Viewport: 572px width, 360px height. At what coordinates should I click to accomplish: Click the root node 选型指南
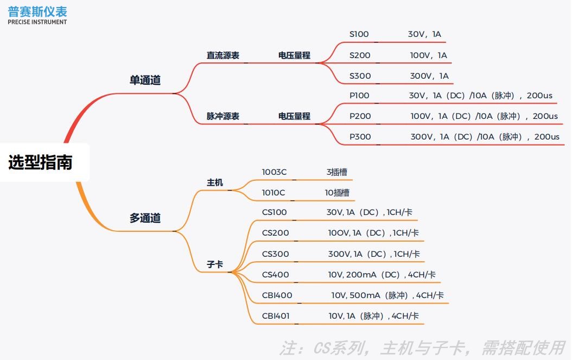[40, 162]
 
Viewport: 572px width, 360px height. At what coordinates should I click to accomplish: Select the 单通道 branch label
[145, 80]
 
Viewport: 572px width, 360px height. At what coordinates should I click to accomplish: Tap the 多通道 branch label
[145, 218]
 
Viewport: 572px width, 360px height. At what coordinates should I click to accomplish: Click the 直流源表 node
[223, 55]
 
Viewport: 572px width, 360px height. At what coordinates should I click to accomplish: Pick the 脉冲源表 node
[223, 116]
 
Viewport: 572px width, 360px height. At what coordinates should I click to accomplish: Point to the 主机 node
[214, 182]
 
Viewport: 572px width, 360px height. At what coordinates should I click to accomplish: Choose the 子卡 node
[214, 265]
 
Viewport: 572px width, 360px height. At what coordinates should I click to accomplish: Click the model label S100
[359, 34]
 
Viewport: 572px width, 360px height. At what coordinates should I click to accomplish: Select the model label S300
[360, 76]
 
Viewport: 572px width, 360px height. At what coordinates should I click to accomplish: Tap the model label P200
[360, 116]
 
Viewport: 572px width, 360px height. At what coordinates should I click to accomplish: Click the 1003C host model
[274, 172]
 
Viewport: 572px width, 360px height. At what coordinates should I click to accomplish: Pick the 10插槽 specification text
[336, 193]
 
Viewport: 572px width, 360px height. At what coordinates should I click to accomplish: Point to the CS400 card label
[275, 275]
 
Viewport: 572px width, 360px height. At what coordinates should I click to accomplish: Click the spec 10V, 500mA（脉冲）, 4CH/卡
[387, 295]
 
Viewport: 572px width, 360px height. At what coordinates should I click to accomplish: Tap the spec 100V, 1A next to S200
[428, 55]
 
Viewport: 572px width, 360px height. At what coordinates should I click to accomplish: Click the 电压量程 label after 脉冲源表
[294, 116]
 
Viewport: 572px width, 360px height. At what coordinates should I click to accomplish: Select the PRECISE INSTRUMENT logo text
[37, 22]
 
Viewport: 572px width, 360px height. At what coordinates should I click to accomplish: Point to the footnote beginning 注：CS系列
[422, 348]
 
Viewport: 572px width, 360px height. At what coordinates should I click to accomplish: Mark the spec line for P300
[485, 137]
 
